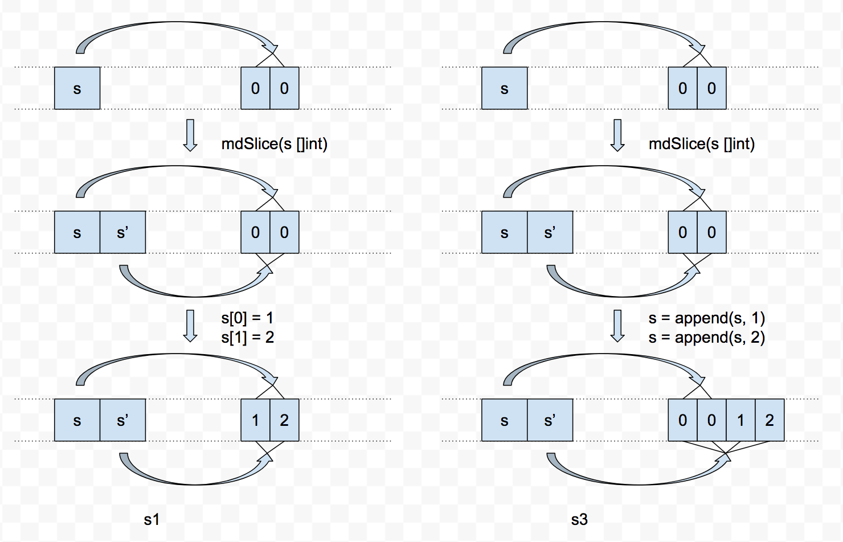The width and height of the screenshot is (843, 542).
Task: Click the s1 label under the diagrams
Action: [x=152, y=519]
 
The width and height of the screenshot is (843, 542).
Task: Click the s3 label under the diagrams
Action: [x=579, y=519]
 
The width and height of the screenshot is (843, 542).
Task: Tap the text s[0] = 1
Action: [x=247, y=318]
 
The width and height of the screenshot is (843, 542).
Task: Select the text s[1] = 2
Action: [x=247, y=338]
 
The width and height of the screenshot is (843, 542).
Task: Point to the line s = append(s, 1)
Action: [x=706, y=318]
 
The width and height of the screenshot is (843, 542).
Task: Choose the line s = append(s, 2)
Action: [x=706, y=338]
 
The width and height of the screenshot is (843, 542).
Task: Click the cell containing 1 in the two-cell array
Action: [x=255, y=420]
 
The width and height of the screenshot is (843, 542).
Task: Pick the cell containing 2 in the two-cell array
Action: [x=284, y=420]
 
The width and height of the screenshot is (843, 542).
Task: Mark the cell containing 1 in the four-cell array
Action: [x=740, y=420]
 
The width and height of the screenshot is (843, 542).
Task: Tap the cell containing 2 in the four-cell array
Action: [x=770, y=420]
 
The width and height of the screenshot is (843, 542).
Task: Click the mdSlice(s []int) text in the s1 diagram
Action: [x=274, y=143]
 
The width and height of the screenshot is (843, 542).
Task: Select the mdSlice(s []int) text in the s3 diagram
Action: [x=701, y=143]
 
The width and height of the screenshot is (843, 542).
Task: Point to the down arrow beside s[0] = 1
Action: [x=190, y=326]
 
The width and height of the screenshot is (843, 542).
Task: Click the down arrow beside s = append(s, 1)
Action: [x=617, y=326]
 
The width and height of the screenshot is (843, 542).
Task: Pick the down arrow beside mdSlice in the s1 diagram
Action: [x=190, y=135]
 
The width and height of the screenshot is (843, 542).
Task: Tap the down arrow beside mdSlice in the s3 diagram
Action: [x=617, y=135]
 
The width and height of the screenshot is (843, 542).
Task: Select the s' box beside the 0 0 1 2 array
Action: [x=550, y=420]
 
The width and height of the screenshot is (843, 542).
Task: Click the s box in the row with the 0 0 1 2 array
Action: [x=504, y=420]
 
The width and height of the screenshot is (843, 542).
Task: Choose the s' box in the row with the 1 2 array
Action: [x=122, y=420]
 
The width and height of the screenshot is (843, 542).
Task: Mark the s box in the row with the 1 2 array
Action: [x=77, y=420]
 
